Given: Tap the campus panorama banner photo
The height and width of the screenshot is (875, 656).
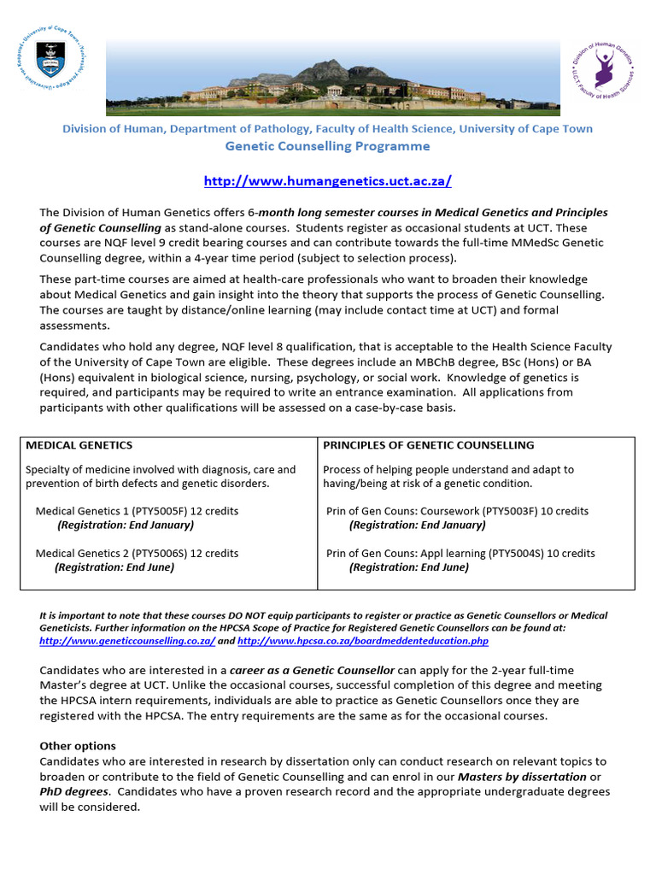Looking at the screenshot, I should pos(333,77).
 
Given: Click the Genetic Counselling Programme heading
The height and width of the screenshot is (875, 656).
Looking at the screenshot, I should pos(327,146).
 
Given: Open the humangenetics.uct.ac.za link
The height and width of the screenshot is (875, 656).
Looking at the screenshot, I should pos(327,181).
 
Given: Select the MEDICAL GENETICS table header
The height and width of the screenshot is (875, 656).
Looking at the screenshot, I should pos(79,445).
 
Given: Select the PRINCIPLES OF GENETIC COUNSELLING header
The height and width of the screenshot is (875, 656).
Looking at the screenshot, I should pos(428,445).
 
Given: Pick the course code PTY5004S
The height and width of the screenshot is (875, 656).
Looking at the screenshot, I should pos(518,553).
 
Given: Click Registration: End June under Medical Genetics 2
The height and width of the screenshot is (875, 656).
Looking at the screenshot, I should pos(114,567).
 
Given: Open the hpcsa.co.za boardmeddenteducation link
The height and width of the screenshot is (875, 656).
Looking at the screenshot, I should pos(363,641).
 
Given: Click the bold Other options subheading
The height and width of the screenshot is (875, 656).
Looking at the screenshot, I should pos(78,746).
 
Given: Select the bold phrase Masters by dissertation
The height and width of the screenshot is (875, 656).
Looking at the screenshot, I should pos(522,777).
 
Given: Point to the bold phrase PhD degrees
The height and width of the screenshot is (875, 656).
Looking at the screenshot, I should pos(73,791).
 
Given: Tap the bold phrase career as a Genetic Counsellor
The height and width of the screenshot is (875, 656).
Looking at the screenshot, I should pos(312,671).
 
